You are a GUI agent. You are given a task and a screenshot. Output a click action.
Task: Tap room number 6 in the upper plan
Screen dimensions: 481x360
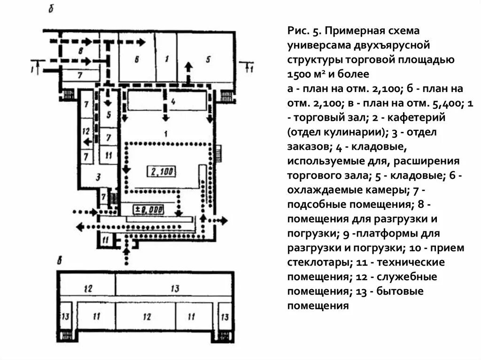pos(136,60)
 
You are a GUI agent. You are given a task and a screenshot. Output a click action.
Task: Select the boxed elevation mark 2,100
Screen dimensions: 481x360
pos(161,172)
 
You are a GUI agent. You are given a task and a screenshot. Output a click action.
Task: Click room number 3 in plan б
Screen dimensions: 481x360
pos(98,176)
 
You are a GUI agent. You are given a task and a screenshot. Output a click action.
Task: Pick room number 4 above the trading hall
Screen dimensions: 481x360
pos(173,101)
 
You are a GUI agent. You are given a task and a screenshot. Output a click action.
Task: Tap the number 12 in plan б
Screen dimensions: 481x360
pos(85,131)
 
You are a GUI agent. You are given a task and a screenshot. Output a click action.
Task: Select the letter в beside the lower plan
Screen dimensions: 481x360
pos(59,261)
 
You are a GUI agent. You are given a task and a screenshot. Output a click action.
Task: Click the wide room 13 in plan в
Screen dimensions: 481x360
pos(175,289)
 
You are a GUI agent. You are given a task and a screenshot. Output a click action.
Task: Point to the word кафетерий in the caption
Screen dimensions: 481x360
pos(416,117)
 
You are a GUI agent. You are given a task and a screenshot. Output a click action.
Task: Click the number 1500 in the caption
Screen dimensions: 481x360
pos(300,74)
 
